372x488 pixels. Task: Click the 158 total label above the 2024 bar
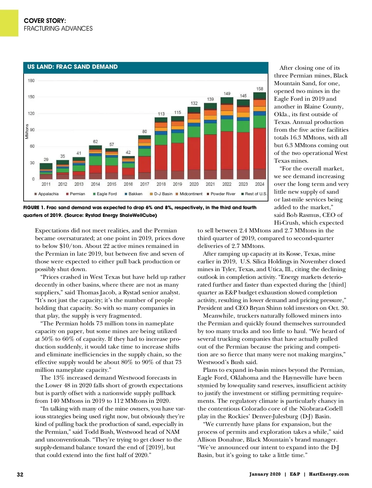(259, 89)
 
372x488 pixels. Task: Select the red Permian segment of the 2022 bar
(227, 150)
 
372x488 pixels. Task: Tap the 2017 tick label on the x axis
(144, 184)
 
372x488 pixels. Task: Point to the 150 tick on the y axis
(31, 97)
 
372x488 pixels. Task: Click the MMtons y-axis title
(27, 131)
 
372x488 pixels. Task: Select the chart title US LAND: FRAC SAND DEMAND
(73, 67)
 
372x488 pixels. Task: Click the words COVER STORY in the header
(45, 21)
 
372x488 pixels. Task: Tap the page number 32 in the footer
(20, 474)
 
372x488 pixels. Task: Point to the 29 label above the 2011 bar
(46, 159)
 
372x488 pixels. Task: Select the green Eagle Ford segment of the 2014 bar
(95, 160)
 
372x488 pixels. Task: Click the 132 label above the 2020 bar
(194, 103)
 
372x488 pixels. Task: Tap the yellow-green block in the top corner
(9, 23)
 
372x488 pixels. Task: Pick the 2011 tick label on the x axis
(46, 184)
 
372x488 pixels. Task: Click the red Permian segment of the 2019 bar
(177, 157)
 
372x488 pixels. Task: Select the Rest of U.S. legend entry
(254, 194)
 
